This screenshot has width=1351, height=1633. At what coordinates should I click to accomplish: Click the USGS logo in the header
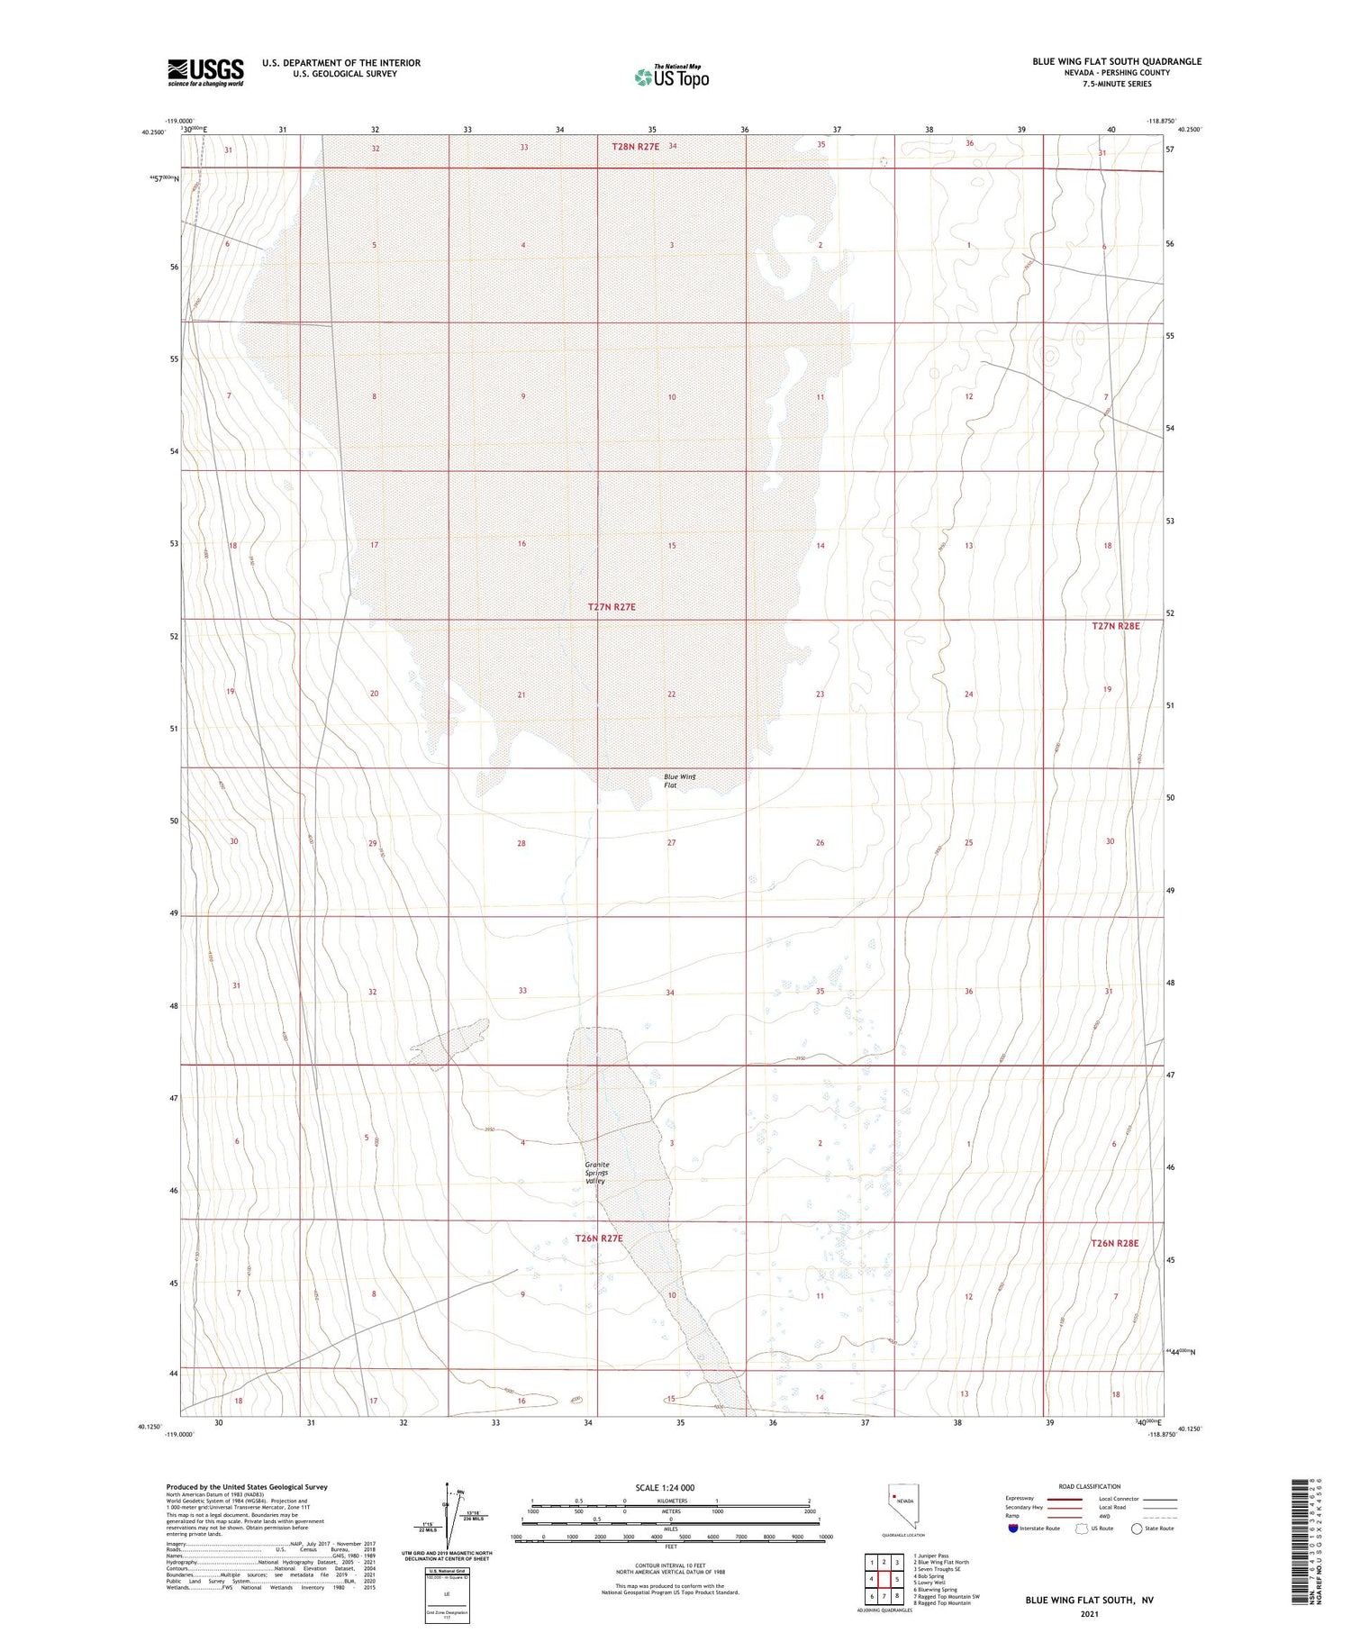click(x=205, y=72)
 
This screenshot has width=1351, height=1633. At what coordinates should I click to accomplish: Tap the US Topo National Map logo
click(x=671, y=77)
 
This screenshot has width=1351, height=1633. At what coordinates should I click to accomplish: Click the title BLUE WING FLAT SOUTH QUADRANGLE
click(x=1117, y=61)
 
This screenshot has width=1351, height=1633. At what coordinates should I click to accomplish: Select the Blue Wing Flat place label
click(x=679, y=780)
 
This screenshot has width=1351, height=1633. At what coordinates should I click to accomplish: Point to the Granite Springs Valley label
click(x=596, y=1172)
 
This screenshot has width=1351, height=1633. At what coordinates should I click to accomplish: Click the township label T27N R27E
click(x=612, y=607)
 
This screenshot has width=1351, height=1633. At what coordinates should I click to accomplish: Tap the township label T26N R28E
click(x=1115, y=1243)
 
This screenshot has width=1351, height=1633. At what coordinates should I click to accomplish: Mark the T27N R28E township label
click(x=1116, y=625)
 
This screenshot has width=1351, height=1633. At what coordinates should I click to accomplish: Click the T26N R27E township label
click(x=599, y=1238)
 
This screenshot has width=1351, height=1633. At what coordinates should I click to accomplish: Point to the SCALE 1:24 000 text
click(x=670, y=1487)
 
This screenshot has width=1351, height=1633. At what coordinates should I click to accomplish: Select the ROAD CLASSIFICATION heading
click(x=1089, y=1486)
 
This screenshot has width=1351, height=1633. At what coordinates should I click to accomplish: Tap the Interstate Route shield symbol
click(x=1013, y=1529)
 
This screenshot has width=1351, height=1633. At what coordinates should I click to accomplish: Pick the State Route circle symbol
click(x=1138, y=1529)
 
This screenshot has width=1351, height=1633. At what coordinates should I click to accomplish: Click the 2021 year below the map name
click(x=1089, y=1612)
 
